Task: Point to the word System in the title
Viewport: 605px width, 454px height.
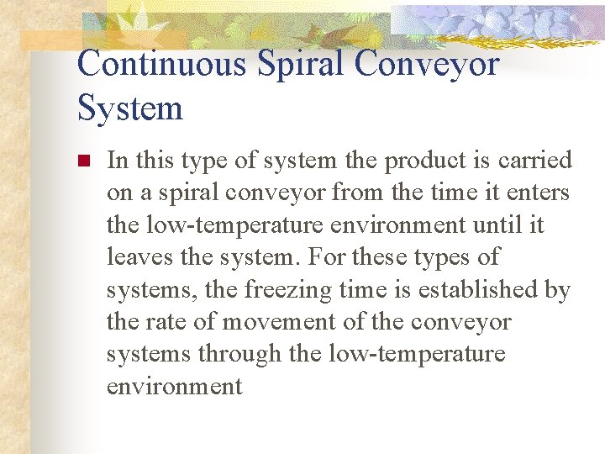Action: pyautogui.click(x=129, y=108)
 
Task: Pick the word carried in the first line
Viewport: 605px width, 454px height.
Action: pyautogui.click(x=536, y=161)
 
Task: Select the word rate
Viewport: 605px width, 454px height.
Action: pyautogui.click(x=166, y=322)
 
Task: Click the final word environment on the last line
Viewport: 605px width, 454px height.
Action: pyautogui.click(x=174, y=387)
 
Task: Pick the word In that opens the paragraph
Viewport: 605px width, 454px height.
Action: pyautogui.click(x=118, y=161)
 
